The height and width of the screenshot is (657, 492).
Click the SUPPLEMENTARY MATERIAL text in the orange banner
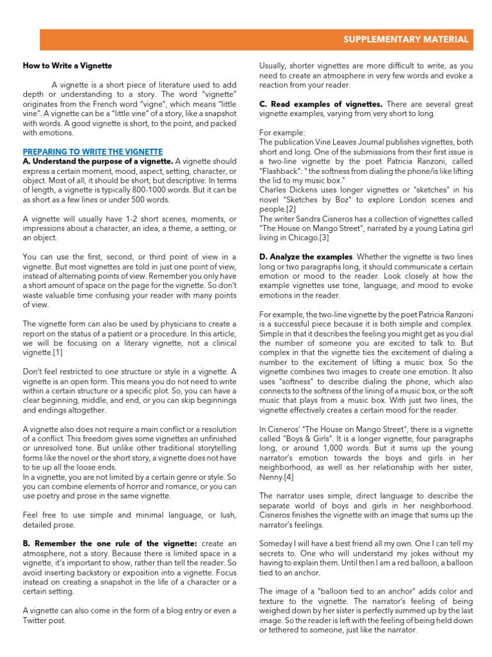(x=406, y=40)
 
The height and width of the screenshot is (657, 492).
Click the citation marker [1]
(x=58, y=352)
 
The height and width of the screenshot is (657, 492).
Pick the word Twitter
(x=36, y=621)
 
